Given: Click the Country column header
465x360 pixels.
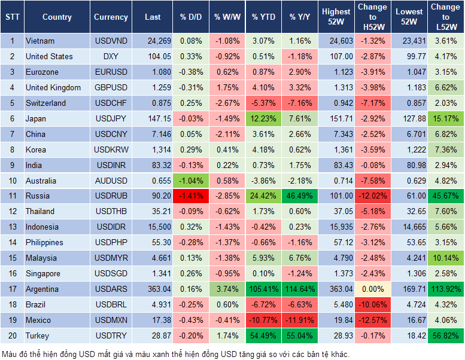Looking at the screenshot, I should [57, 17].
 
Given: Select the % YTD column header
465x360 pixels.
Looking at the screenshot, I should [263, 17].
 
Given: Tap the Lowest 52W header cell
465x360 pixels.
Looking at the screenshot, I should [410, 17].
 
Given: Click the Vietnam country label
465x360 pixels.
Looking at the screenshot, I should [40, 41].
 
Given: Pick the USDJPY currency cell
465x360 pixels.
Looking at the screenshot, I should [110, 118].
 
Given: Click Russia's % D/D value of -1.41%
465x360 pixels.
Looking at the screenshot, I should [190, 196].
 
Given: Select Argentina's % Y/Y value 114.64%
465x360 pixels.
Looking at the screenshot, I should [300, 289].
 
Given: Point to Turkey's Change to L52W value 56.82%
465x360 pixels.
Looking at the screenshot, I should [445, 335].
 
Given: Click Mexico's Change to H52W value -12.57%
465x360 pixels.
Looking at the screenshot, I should [372, 320].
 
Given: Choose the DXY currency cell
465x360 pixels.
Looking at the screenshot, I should [110, 56].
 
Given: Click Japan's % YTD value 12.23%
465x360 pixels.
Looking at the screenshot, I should [263, 118].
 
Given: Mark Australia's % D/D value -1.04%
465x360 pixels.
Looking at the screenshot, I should [190, 180].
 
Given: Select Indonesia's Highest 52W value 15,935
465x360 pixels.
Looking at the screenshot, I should [336, 227].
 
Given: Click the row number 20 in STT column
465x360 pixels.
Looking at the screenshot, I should [11, 335].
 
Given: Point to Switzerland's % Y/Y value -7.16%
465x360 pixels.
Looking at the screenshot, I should [300, 103].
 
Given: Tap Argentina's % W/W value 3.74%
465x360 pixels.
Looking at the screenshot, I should [226, 289].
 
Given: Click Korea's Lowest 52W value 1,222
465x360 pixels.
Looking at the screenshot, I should [410, 150].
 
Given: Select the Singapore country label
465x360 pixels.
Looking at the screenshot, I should [43, 273].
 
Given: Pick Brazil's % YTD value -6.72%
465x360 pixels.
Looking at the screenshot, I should [263, 304].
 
